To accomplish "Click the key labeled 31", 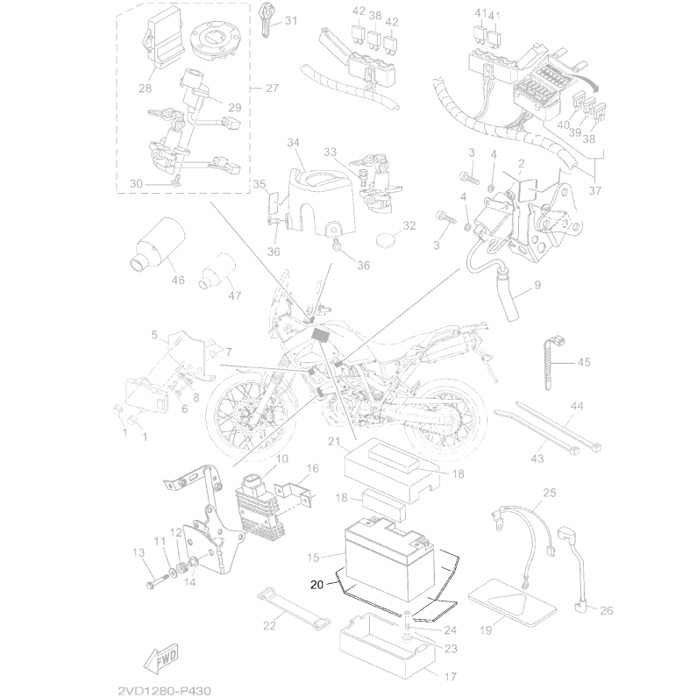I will point(266,19).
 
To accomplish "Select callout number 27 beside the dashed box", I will point(272,88).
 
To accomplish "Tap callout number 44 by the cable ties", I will point(577,406).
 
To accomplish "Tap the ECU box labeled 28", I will point(162,39).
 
